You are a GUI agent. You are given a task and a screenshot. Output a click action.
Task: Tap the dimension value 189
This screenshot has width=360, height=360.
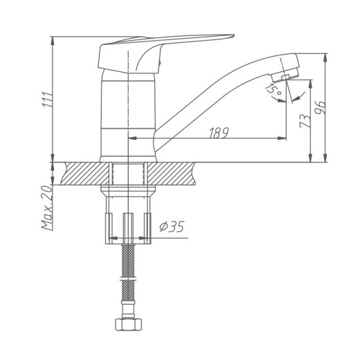point(219,133)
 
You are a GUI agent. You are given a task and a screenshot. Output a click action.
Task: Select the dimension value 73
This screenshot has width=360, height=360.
point(303,123)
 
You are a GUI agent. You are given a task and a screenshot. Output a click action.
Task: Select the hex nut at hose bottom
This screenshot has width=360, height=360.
point(128,324)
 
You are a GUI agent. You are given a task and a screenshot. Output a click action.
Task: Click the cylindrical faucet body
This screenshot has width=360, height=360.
point(127,118)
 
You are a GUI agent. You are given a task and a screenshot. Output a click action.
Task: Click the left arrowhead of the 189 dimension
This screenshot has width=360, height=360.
point(132,139)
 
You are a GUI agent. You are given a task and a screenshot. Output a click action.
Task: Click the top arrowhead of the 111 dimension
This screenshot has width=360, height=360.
point(54,38)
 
